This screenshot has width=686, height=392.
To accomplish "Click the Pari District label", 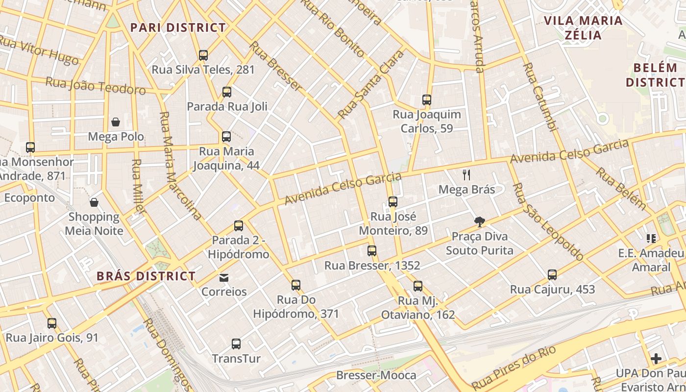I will pos(178,27).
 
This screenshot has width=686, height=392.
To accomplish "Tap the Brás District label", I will pos(146,276).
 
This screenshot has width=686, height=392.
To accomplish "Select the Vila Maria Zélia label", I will pos(583,27).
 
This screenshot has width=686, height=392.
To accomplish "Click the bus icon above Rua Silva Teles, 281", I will pos(203,55).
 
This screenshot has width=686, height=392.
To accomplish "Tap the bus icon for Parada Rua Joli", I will pos(226,92).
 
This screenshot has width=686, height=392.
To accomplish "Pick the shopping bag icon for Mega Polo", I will pos(116,122).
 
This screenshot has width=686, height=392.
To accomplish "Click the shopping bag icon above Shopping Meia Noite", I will pos(94,202).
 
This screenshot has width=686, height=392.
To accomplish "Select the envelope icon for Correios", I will pos(224,278).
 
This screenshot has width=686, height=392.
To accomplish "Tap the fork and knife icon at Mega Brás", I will pos(466,175).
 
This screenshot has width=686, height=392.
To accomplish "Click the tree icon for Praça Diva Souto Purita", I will pos(480,222).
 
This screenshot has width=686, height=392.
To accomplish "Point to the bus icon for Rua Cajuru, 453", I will pos(552,275).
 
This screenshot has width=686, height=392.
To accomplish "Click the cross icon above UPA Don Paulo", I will pos(656,359).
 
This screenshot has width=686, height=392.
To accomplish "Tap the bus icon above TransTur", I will pos(236,344).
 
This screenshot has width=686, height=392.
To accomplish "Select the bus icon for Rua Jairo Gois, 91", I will pos(52,323).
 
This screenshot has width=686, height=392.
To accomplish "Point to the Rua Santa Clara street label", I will pos(371,84).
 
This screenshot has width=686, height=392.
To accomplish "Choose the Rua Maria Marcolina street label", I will pos(180,166).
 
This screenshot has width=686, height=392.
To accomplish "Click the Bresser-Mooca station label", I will pos(376,375).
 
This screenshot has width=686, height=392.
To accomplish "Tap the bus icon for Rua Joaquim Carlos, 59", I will pos(427,100).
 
